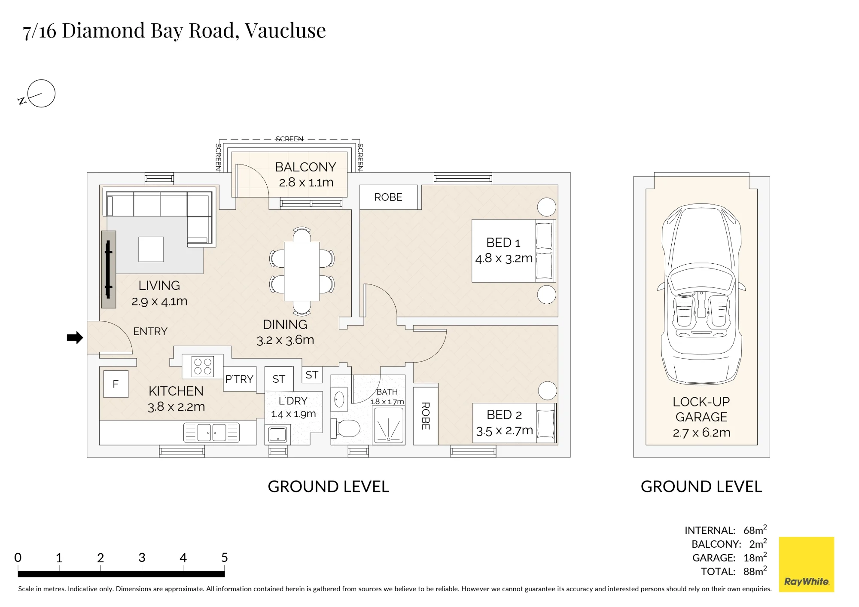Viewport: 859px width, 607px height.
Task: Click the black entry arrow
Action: (75, 338)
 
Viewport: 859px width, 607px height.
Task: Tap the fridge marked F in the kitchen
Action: (116, 384)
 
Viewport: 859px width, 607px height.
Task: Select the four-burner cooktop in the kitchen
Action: (203, 366)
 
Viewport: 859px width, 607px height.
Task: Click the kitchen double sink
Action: (211, 433)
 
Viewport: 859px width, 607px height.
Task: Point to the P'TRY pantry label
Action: (239, 379)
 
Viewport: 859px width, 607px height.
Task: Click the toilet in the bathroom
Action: (346, 428)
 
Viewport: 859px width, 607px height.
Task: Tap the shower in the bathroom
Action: (388, 425)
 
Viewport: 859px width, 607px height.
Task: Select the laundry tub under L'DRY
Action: (278, 434)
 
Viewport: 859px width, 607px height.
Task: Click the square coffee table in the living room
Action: (151, 249)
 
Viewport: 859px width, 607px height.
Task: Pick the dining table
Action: (302, 271)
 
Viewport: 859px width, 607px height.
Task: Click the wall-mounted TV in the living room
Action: (109, 269)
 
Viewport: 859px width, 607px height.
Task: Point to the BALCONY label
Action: (305, 167)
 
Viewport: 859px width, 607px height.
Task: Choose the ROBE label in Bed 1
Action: (388, 197)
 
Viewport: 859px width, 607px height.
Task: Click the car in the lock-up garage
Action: (701, 294)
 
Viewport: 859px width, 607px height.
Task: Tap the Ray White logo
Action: (807, 564)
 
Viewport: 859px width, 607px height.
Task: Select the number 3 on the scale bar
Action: (142, 558)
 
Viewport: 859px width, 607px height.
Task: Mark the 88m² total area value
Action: (755, 571)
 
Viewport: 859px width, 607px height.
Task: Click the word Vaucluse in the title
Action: (285, 30)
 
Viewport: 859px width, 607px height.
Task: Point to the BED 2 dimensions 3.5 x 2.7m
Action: (504, 430)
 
